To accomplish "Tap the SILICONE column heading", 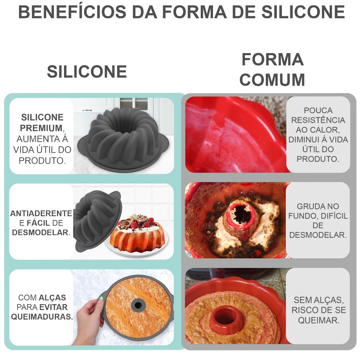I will click(x=87, y=72).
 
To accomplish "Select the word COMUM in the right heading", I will click(x=272, y=80).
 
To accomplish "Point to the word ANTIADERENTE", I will click(x=41, y=213).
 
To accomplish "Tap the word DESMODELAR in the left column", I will click(x=40, y=232).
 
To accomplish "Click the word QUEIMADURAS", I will click(x=42, y=316).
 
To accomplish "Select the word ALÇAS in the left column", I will click(x=52, y=298).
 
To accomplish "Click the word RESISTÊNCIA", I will click(x=318, y=120).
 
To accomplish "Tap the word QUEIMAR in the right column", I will click(x=319, y=320).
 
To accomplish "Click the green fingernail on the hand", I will click(x=101, y=299).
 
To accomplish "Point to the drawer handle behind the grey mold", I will click(x=87, y=110).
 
